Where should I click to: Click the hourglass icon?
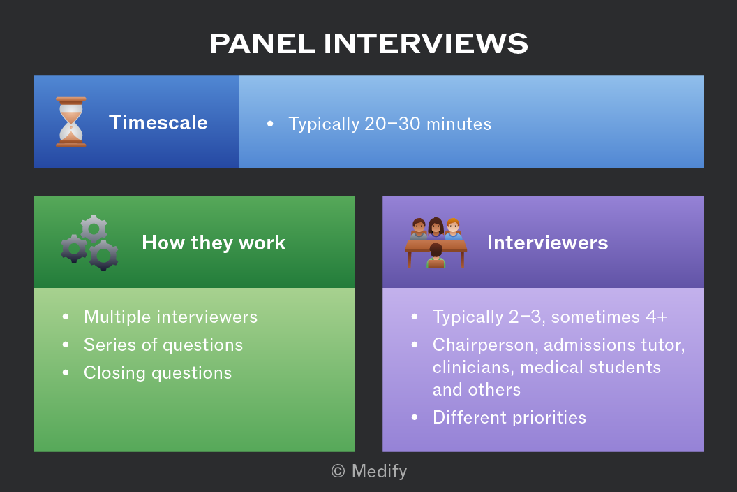pyautogui.click(x=71, y=122)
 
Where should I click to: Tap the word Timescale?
pyautogui.click(x=158, y=122)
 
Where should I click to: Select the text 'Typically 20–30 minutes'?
pyautogui.click(x=389, y=124)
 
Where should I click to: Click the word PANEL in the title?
pyautogui.click(x=262, y=43)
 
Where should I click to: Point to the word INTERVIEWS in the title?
pyautogui.click(x=426, y=43)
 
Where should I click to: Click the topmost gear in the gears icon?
pyautogui.click(x=94, y=229)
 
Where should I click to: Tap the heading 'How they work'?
pyautogui.click(x=214, y=243)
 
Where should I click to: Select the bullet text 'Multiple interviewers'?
pyautogui.click(x=170, y=317)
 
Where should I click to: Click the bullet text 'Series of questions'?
pyautogui.click(x=163, y=345)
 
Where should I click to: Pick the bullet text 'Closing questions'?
pyautogui.click(x=158, y=373)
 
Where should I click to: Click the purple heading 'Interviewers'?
pyautogui.click(x=548, y=243)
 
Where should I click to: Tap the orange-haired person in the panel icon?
pyautogui.click(x=453, y=229)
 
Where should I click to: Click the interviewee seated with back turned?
pyautogui.click(x=435, y=256)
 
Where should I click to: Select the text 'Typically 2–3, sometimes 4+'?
pyautogui.click(x=550, y=317)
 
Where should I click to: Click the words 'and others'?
pyautogui.click(x=477, y=390)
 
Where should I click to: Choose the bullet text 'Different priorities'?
pyautogui.click(x=509, y=418)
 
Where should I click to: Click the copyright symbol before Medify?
pyautogui.click(x=338, y=471)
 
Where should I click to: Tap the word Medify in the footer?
pyautogui.click(x=379, y=471)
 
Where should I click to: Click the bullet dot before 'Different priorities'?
pyautogui.click(x=415, y=417)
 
